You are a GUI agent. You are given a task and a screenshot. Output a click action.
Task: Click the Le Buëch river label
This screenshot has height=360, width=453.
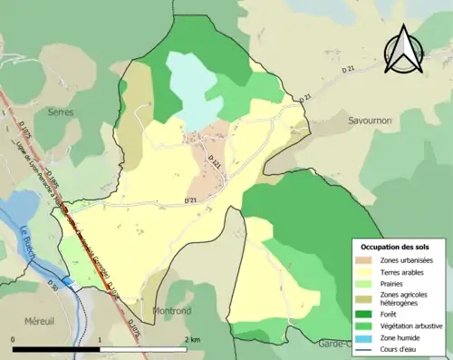click(28, 242)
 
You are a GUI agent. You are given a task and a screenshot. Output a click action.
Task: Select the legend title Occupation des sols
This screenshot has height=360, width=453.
click(397, 247)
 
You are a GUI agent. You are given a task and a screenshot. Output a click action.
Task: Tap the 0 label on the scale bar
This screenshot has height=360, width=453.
click(14, 340)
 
